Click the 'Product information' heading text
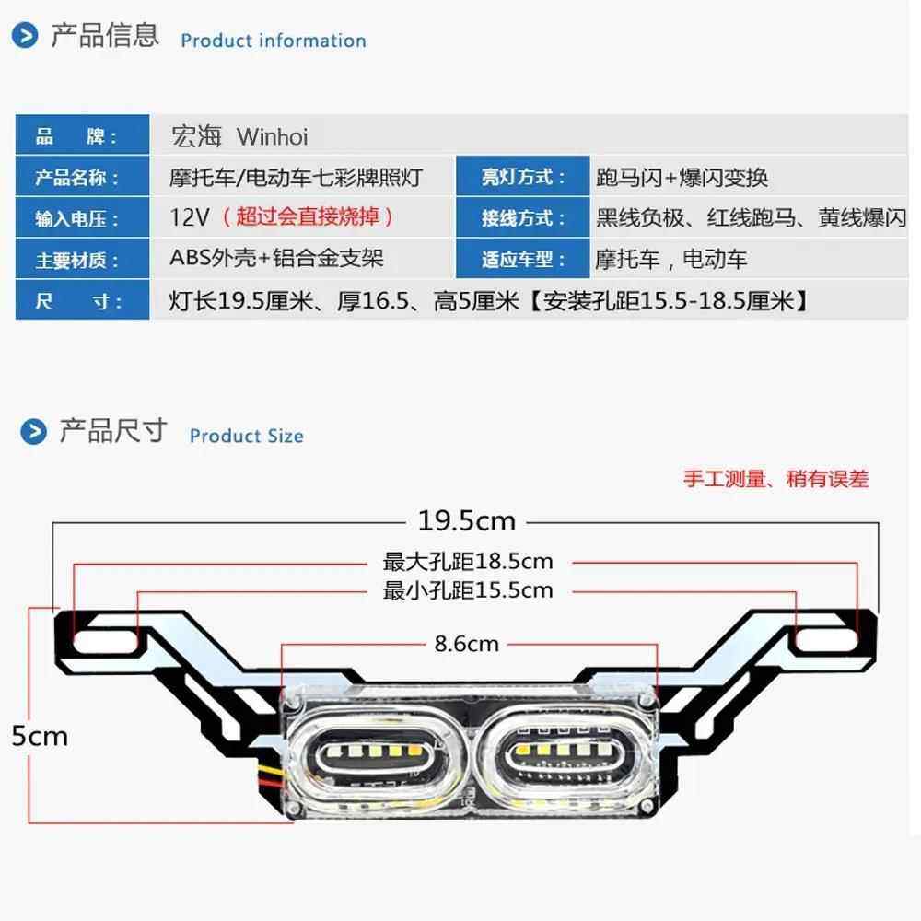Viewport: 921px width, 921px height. point(273,41)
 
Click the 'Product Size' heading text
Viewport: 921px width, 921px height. point(246,436)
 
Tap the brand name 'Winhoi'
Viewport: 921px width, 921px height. point(273,137)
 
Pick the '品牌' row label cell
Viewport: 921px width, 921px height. point(82,137)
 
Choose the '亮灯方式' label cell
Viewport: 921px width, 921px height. point(523,178)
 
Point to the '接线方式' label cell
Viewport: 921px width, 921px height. point(523,218)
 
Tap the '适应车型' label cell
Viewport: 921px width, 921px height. point(523,260)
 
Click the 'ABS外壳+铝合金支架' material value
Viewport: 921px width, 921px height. point(276,259)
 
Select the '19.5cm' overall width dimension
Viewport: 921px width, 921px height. point(466,521)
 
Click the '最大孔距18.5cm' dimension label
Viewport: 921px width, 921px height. point(468,561)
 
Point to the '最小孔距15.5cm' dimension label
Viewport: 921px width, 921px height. point(468,590)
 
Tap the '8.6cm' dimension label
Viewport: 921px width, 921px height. point(466,644)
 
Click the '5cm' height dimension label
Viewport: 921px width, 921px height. point(40,736)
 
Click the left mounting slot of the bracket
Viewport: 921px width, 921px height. point(105,636)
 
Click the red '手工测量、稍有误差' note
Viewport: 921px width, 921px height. point(775,479)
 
